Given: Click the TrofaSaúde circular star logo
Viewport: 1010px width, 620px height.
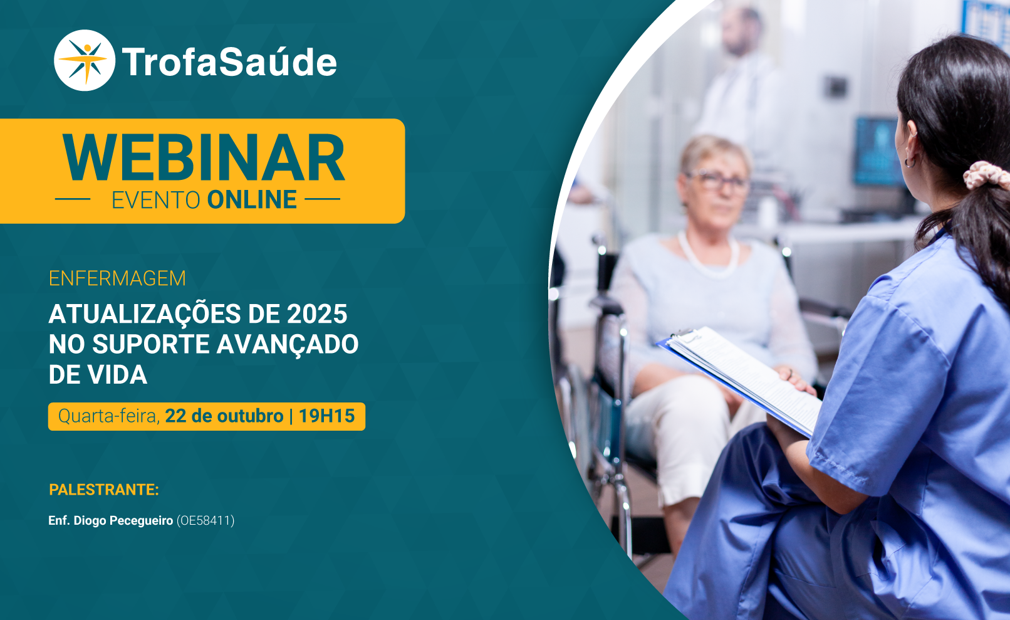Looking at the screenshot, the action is [x=85, y=60].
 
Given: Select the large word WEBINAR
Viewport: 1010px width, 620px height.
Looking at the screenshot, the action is [x=204, y=158].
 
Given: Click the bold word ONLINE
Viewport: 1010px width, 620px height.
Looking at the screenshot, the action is [x=252, y=200].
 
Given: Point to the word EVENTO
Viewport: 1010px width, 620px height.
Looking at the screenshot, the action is [x=155, y=201].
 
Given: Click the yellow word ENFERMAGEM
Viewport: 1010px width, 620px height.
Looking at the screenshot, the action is [x=117, y=278].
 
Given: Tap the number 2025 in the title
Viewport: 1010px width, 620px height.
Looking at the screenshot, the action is [x=317, y=313].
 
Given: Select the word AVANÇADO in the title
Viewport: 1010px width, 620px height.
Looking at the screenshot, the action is [x=288, y=345].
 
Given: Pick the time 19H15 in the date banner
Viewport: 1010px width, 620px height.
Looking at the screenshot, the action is [x=327, y=416].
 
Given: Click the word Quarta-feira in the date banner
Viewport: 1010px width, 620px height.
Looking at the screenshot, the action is [x=109, y=416].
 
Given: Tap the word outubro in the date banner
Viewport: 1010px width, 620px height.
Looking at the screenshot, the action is [x=250, y=416].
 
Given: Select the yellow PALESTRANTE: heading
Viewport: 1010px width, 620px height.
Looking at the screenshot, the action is [x=104, y=490].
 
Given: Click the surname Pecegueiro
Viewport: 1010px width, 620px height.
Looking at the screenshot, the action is [x=141, y=521].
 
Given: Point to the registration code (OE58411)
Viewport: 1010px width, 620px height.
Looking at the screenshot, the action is [x=205, y=521].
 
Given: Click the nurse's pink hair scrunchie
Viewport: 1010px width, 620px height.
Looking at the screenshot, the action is [x=986, y=175].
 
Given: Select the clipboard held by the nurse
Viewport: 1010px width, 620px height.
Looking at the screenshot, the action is [x=739, y=380].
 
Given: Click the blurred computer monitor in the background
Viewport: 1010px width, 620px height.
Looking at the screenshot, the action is [x=877, y=152].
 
